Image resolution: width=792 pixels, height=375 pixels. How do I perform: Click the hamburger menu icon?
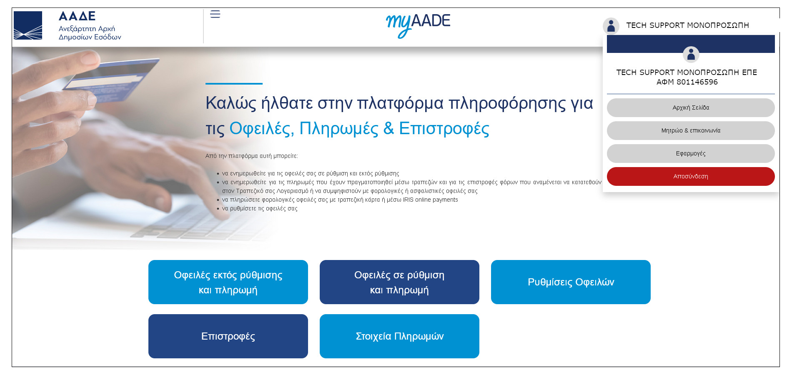point(215,14)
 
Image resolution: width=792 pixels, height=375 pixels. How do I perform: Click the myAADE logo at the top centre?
point(418,25)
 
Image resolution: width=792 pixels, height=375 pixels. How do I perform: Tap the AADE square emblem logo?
point(28,25)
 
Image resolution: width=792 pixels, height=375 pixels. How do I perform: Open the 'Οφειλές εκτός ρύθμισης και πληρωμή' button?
point(228,282)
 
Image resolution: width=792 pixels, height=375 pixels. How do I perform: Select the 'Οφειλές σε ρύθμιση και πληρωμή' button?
point(399,282)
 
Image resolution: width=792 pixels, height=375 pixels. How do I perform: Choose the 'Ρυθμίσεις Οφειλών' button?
point(571,282)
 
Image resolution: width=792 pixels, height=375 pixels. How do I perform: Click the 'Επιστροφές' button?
point(228,336)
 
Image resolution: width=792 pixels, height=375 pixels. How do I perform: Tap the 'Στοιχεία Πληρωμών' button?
point(399,336)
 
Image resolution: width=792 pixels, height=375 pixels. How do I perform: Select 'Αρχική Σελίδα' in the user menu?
point(691,107)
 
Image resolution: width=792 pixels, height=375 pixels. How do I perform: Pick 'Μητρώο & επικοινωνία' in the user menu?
point(691,130)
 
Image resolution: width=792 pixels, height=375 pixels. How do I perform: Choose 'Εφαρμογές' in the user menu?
point(691,153)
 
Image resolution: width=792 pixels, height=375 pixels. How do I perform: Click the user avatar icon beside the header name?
point(611,26)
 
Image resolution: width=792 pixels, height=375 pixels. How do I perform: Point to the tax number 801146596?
point(697,82)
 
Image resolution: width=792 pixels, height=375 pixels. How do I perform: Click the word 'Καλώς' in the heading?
point(231,103)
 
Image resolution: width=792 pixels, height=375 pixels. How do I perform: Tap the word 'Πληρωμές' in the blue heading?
point(338,128)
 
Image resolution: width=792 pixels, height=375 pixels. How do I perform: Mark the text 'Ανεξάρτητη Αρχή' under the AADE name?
point(87,29)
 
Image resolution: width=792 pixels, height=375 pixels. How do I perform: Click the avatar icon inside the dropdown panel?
point(691,55)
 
